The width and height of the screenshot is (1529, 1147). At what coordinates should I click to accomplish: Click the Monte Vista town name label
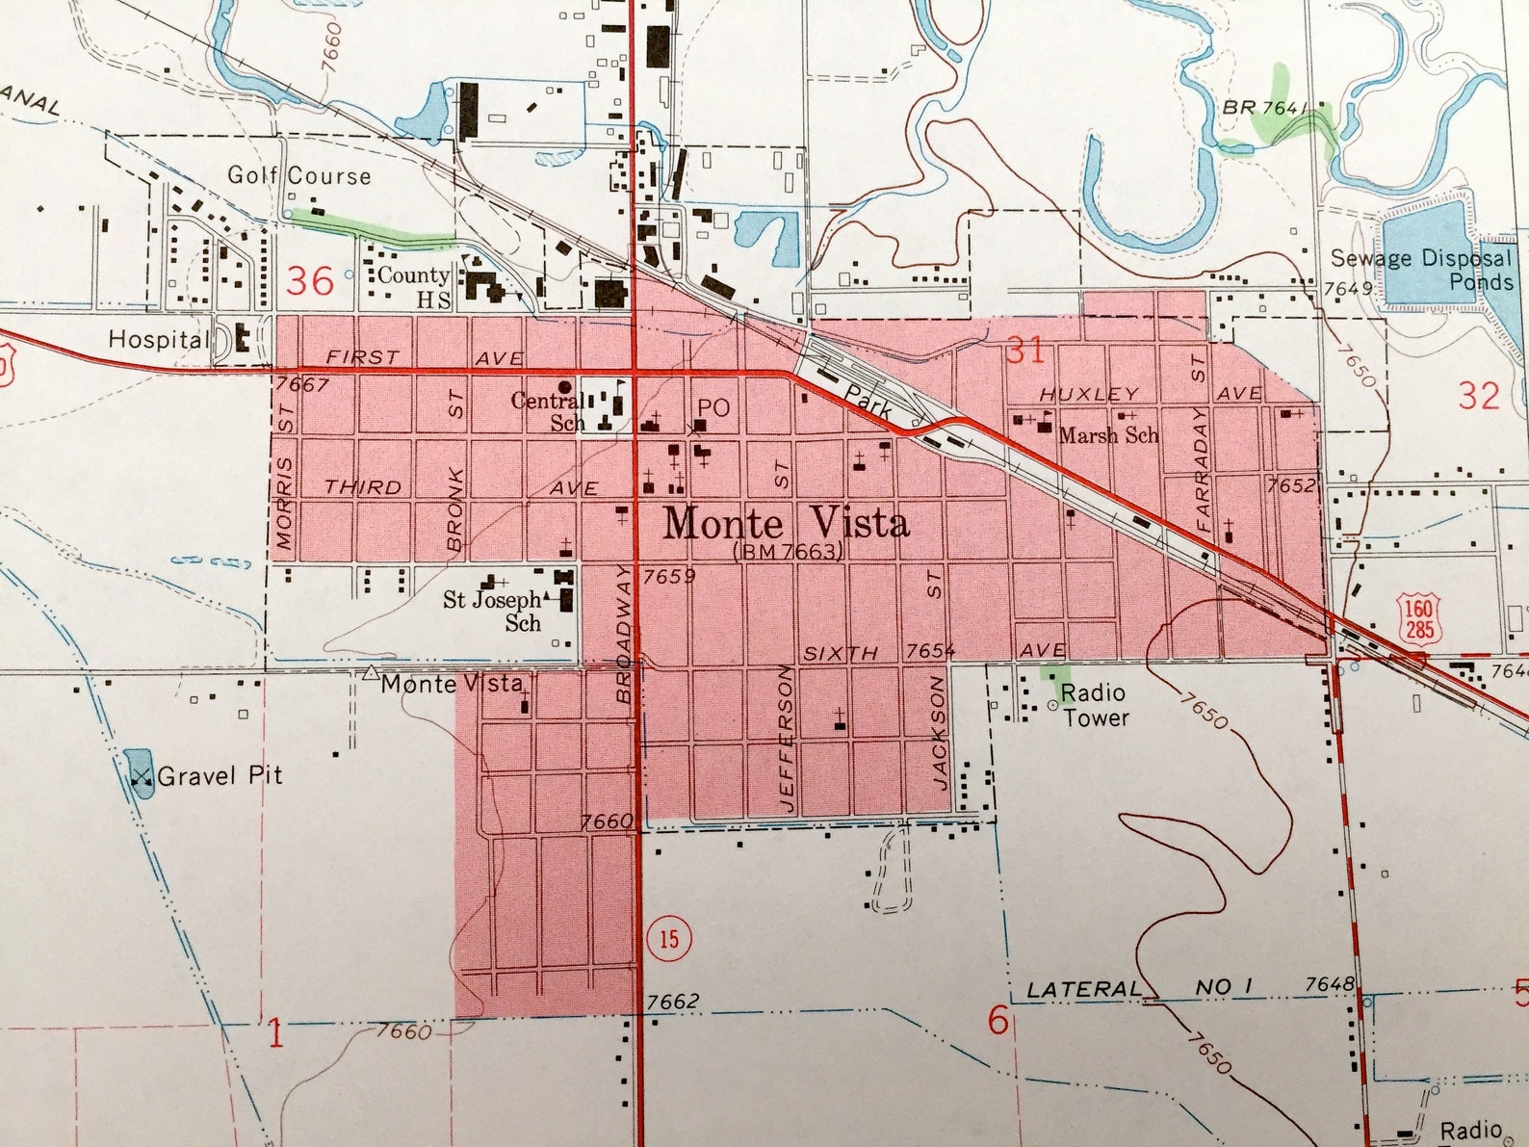tap(786, 524)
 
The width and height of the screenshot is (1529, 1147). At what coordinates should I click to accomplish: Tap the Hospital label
tap(157, 339)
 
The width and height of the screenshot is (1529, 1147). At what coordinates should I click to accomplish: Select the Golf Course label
tap(298, 175)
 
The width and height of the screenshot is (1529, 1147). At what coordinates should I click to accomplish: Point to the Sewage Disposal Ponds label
tap(1422, 270)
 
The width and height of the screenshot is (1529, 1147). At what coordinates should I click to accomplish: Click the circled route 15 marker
tap(668, 938)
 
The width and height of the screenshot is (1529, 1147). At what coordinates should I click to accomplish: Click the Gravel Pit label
tap(220, 776)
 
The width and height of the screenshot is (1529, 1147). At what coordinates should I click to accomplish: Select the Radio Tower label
tap(1095, 705)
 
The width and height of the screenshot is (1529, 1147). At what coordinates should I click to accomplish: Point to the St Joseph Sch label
tap(492, 612)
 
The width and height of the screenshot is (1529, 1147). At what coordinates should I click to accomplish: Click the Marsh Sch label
tap(1108, 435)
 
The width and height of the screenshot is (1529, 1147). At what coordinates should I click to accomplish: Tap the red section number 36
tap(310, 281)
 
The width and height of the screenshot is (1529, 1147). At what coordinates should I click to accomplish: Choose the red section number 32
tap(1478, 396)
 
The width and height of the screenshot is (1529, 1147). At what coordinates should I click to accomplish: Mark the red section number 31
tap(1024, 350)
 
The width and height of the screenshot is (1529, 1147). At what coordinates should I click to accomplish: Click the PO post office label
tap(713, 408)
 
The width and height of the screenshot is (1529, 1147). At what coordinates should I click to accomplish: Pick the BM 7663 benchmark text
tap(788, 552)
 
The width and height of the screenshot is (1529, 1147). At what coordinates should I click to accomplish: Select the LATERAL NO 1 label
tap(1139, 988)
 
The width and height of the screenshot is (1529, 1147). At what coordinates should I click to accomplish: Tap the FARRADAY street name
tap(1202, 469)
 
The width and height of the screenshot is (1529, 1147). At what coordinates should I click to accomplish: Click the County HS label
tap(415, 287)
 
